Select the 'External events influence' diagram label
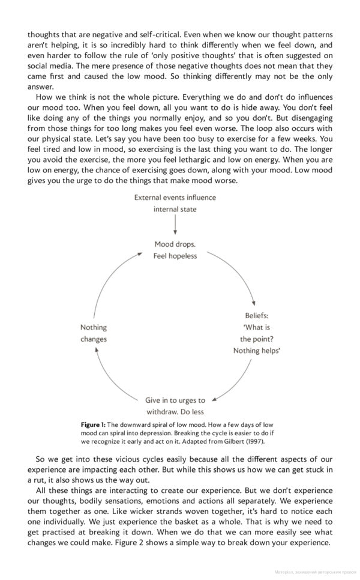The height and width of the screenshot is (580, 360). (175, 197)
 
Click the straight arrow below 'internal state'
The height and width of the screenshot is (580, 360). (175, 225)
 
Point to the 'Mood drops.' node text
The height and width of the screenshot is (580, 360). (175, 244)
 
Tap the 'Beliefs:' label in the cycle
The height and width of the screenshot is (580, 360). (256, 315)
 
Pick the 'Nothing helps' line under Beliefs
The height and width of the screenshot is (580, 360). (256, 351)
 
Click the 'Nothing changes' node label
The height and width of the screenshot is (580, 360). (94, 333)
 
